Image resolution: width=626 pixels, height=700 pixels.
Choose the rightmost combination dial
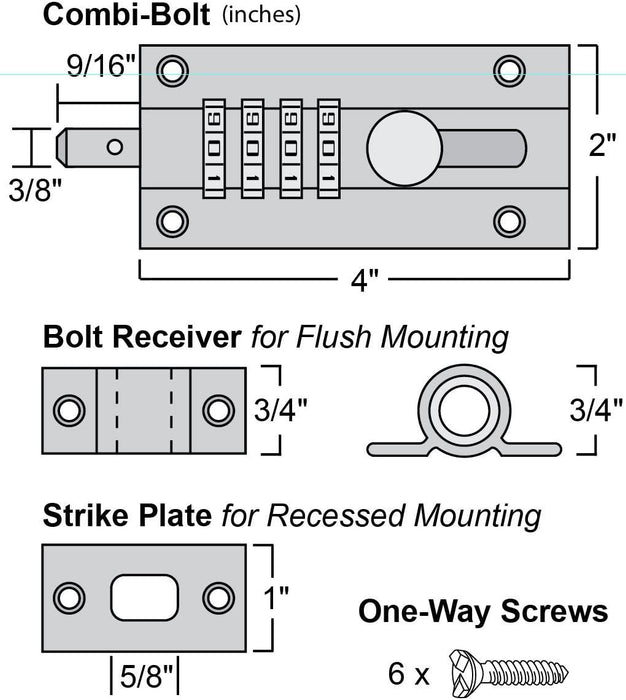coord(328,146)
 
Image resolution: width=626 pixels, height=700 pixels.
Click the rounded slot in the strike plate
coord(141,598)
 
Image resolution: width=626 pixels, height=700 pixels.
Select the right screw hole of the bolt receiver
coord(217,410)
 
